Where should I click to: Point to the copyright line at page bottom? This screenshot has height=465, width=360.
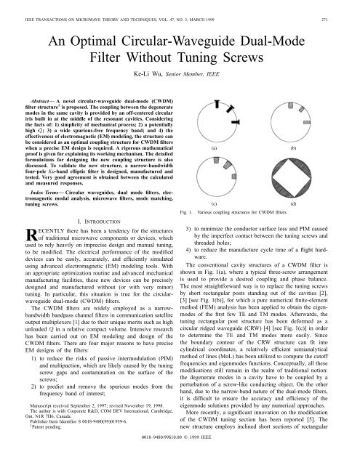(x=180, y=459)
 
